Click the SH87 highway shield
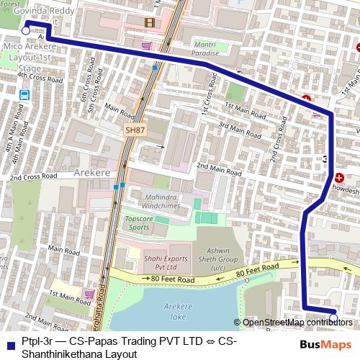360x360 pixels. [x=135, y=130]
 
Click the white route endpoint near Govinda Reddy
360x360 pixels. [x=26, y=31]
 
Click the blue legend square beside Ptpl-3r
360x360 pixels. [x=9, y=341]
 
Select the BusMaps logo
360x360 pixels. [x=325, y=345]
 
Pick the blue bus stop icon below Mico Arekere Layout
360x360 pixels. [x=25, y=94]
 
